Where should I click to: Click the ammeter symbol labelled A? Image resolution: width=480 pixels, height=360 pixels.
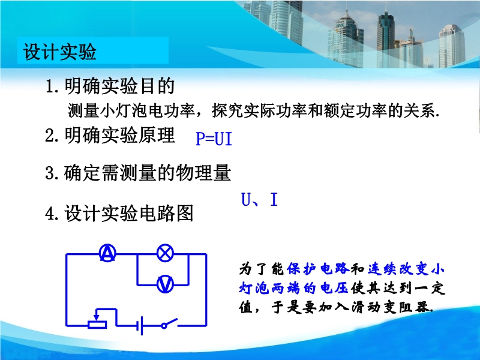coord(108,253)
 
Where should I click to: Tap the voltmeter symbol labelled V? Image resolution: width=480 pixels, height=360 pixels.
coord(166,284)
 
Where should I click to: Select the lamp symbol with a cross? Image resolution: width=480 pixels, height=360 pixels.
coord(166,253)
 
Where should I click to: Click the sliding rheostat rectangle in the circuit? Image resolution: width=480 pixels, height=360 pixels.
coord(97,325)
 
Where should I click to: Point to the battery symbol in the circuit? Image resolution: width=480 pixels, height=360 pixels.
coord(141,325)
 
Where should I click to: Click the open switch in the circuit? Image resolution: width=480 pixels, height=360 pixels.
coord(170,323)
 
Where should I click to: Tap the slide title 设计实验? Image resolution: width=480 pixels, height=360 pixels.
coord(60,51)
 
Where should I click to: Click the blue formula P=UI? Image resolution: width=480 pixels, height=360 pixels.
coord(214,139)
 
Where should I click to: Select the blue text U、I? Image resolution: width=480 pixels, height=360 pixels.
coord(260,199)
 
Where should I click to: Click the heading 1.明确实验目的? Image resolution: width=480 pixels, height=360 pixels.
coord(110,86)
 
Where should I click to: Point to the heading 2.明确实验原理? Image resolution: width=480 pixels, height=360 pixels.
coord(110,135)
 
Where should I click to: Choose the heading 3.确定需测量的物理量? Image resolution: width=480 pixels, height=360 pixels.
coord(138,173)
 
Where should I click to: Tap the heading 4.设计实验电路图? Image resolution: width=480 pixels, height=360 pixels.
coord(119,213)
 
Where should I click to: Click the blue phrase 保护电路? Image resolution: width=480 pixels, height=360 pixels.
coord(318,268)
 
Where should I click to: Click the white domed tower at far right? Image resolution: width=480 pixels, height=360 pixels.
coord(452,46)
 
